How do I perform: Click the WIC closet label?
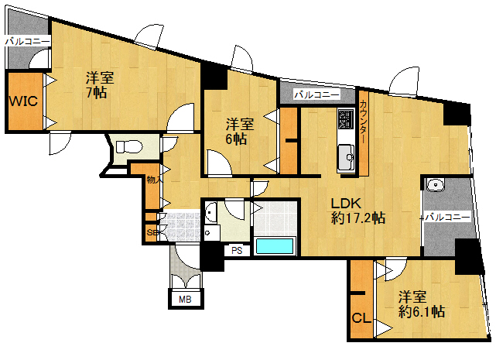pos(23,101)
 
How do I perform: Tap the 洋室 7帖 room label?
pos(100,85)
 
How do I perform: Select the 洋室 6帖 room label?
pos(240,132)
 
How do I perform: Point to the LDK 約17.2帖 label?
pos(357,211)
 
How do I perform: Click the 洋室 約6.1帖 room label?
pos(422,304)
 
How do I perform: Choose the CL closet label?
pos(361,318)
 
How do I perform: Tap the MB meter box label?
pos(185,299)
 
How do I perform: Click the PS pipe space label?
pos(237,250)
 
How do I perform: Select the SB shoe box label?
pos(152,232)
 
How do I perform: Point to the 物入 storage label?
pos(155,180)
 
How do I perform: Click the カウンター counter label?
pos(364,122)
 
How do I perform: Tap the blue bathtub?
pos(275,246)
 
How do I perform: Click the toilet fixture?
pos(129,147)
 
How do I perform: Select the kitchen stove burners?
pos(346,118)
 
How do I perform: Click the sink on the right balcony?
pos(436,184)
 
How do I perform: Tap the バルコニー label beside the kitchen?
pos(317,94)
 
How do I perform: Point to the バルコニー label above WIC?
pos(28,42)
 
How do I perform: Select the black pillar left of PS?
pos(212,256)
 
